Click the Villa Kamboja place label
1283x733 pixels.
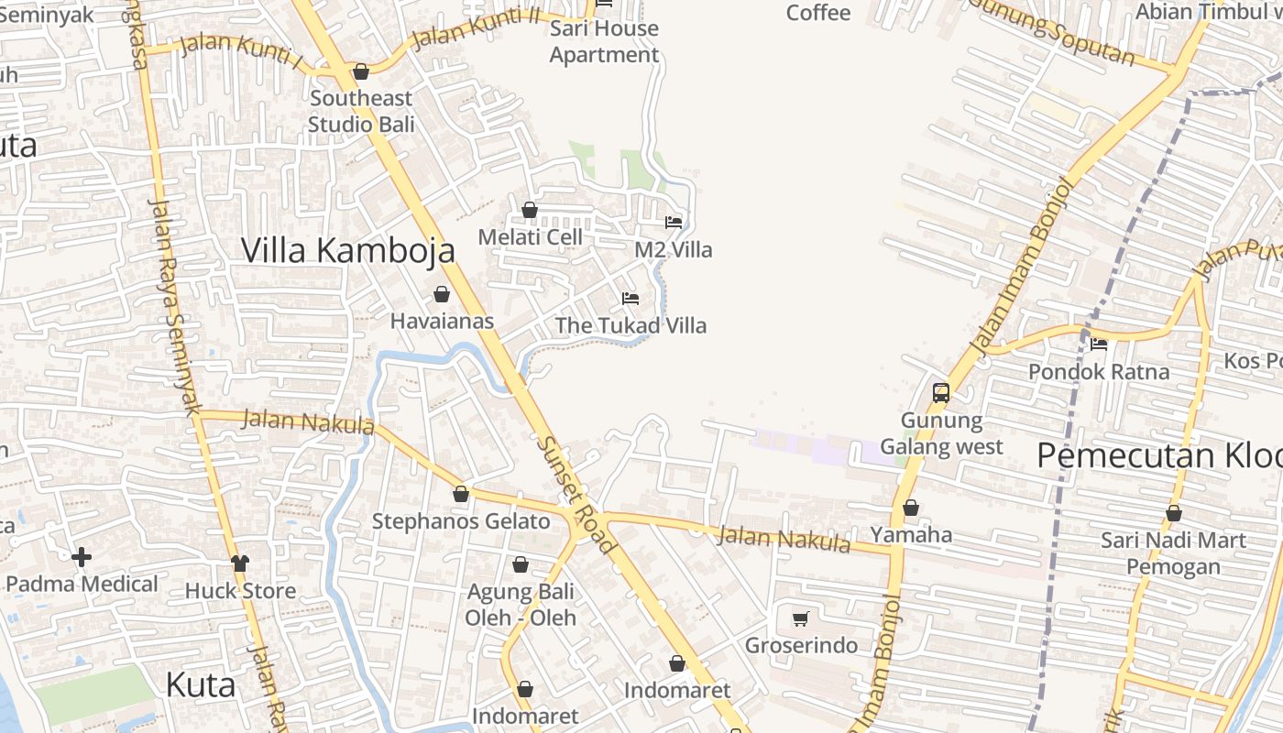347,250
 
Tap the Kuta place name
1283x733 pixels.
201,684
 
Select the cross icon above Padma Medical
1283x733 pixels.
82,556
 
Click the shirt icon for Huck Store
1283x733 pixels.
240,563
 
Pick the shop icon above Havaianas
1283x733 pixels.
442,294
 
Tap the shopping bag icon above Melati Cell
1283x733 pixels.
529,210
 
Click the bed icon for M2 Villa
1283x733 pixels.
674,223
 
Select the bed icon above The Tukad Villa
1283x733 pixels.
631,299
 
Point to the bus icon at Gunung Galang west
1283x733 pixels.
940,393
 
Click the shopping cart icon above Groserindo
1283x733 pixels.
801,618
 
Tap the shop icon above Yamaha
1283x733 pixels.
910,508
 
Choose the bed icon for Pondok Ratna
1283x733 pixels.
1099,345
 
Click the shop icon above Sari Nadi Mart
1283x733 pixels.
1173,513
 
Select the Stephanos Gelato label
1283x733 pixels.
461,521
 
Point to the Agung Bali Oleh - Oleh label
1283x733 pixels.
521,605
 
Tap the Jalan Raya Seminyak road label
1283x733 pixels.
171,307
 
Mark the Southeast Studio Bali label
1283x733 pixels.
361,111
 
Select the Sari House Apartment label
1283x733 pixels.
604,41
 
